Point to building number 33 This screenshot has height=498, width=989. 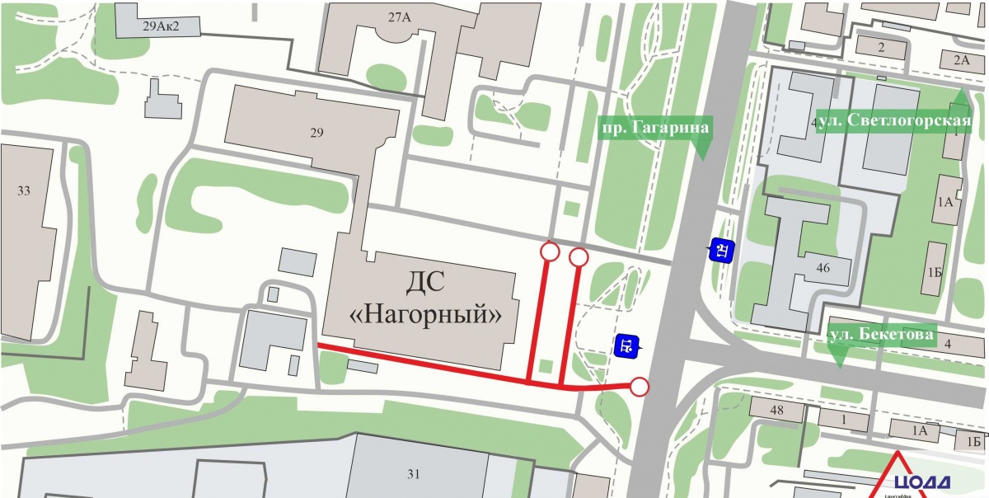(23, 191)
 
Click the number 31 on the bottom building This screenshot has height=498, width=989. (413, 473)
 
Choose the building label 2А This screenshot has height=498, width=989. (961, 59)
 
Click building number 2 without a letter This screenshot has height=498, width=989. (880, 47)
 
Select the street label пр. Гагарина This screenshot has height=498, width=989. (654, 127)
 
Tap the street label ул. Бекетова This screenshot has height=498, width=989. (881, 335)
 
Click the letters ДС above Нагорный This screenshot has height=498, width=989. (425, 284)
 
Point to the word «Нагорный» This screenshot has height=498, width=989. (424, 313)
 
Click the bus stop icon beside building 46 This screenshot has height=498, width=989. (722, 249)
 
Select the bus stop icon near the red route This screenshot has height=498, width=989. (626, 345)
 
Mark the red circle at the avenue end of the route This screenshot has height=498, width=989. (639, 386)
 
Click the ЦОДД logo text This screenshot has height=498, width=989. (921, 482)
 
